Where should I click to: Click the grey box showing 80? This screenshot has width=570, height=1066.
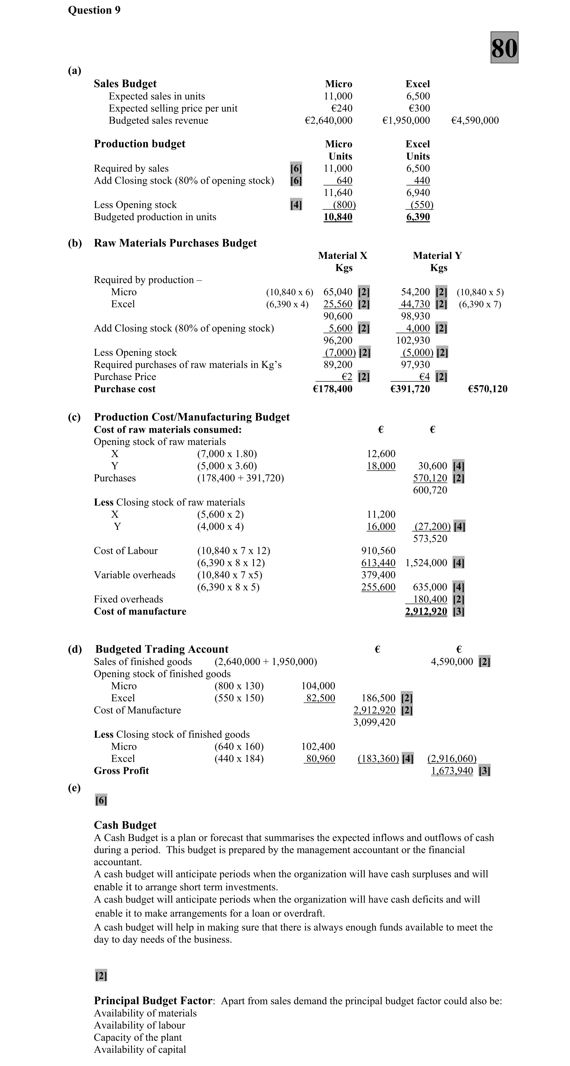pyautogui.click(x=504, y=48)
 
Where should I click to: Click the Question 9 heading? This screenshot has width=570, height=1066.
pyautogui.click(x=94, y=10)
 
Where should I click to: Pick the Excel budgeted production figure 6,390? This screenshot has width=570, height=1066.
pyautogui.click(x=418, y=217)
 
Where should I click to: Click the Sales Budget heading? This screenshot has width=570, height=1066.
pyautogui.click(x=125, y=84)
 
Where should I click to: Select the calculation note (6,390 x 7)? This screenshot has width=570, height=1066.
pyautogui.click(x=480, y=304)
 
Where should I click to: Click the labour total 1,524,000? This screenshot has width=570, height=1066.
pyautogui.click(x=426, y=563)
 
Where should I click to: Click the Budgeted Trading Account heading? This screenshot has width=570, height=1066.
pyautogui.click(x=161, y=649)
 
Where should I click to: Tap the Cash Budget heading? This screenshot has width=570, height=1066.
pyautogui.click(x=125, y=825)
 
